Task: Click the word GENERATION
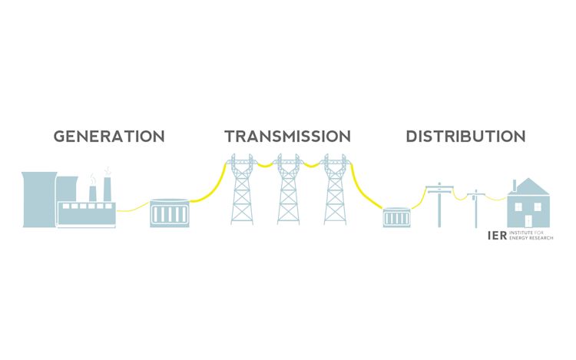109,137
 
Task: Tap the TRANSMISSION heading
287,137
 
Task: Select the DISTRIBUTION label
465,137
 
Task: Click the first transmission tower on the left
243,192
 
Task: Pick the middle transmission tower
289,192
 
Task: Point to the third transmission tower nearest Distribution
335,192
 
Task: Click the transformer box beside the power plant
169,212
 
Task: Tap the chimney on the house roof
515,186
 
